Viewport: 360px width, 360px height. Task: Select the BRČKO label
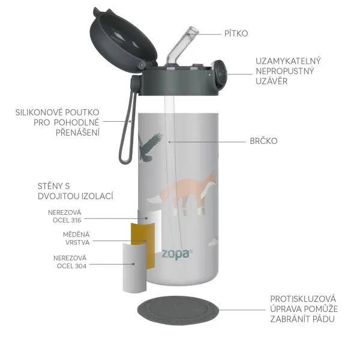263,142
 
